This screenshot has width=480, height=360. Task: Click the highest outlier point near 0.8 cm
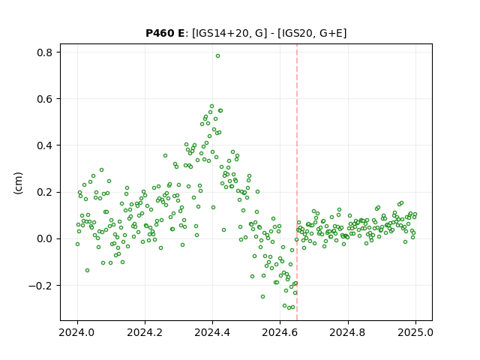[x=217, y=56]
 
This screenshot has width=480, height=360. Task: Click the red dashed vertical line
[x=297, y=182]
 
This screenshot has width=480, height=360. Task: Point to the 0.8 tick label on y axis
[x=45, y=52]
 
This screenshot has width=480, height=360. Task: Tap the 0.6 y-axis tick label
[x=45, y=99]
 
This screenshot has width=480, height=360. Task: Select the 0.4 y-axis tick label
[x=45, y=145]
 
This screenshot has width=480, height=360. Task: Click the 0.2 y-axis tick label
[x=45, y=192]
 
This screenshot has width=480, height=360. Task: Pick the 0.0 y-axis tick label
[x=45, y=238]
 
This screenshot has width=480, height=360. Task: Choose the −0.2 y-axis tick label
[x=40, y=286]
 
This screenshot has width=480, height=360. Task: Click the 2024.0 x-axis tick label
[x=77, y=332]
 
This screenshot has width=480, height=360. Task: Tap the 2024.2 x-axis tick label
[x=145, y=332]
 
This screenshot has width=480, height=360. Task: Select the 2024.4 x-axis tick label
[x=212, y=332]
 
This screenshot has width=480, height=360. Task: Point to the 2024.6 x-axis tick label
[x=280, y=332]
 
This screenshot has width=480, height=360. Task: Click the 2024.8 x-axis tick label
[x=348, y=332]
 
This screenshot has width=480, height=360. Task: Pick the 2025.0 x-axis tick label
[x=415, y=332]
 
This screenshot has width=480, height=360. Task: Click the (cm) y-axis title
[x=18, y=183]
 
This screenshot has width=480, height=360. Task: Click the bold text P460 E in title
[x=165, y=33]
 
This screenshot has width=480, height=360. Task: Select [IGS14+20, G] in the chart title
[x=228, y=33]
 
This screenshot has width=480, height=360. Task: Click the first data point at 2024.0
[x=77, y=244]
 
